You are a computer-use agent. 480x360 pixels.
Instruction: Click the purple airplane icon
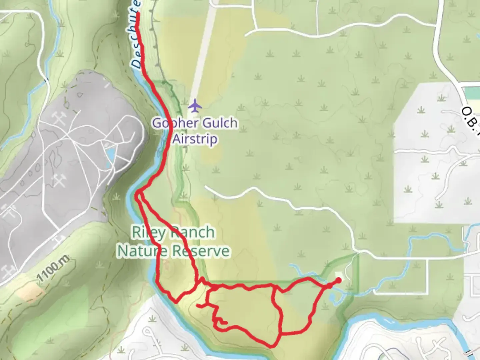pyautogui.click(x=195, y=106)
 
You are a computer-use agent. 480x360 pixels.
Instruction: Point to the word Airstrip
pyautogui.click(x=195, y=139)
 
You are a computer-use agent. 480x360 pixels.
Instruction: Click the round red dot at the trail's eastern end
pyautogui.click(x=338, y=280)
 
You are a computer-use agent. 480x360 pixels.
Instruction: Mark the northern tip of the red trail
pyautogui.click(x=137, y=14)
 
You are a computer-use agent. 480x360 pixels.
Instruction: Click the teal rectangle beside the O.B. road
pyautogui.click(x=472, y=92)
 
